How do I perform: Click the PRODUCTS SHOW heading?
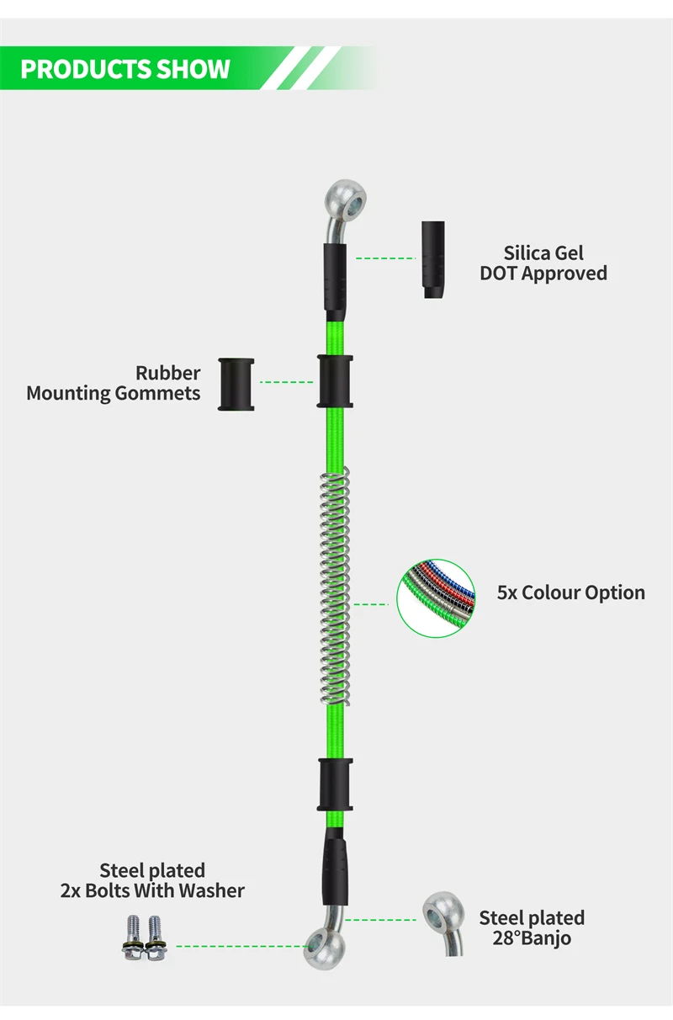[125, 69]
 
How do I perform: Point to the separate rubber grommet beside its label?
[236, 384]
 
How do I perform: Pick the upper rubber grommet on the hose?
[335, 381]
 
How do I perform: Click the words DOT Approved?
[543, 273]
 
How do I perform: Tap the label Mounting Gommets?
[114, 393]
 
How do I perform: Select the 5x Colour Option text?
[570, 592]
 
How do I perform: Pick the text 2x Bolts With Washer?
[152, 890]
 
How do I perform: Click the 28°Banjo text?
[532, 938]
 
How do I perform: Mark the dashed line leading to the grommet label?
[286, 382]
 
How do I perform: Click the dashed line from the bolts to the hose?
[240, 946]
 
